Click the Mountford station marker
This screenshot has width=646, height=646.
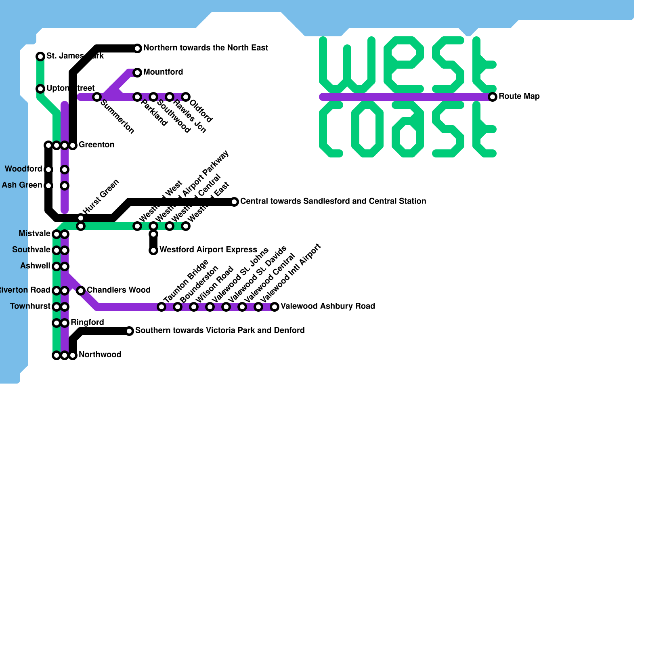137,73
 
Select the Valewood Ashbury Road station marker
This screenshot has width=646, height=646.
275,307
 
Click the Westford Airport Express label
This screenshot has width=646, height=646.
208,250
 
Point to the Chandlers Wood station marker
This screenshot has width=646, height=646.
81,291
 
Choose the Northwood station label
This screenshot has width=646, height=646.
100,355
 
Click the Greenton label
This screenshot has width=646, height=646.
96,145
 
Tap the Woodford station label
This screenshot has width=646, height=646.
23,169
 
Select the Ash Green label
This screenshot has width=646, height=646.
22,185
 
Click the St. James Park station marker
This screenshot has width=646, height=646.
40,57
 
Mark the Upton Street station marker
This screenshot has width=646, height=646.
40,89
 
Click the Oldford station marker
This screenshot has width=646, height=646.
186,97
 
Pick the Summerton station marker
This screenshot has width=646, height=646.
97,97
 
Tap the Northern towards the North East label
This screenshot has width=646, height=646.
206,48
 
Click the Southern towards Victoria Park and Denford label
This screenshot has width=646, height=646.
220,331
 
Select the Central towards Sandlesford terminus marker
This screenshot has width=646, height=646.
234,202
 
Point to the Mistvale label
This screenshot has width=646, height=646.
34,234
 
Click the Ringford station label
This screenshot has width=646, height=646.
87,323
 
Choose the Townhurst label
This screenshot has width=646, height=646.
30,306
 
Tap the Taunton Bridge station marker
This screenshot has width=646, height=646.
161,307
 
